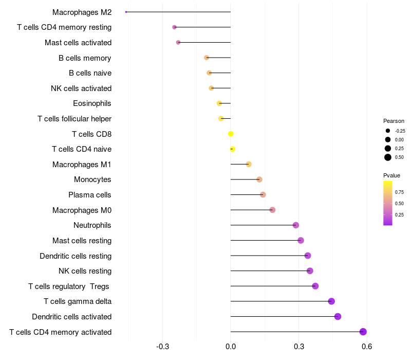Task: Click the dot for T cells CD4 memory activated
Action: point(363,332)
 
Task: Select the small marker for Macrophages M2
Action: point(126,12)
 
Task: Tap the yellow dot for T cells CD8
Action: point(231,134)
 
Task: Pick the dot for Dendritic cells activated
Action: point(338,316)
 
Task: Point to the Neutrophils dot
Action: point(296,225)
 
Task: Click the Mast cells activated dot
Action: point(178,42)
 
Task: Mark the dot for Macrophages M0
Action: point(272,210)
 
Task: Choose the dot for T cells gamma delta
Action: point(331,301)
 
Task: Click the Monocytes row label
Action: point(92,179)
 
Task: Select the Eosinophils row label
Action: point(92,103)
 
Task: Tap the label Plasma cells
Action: point(90,195)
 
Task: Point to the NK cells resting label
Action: point(85,271)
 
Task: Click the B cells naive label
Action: point(90,73)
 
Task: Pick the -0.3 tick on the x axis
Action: point(163,347)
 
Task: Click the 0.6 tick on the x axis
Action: point(366,347)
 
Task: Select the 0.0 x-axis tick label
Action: point(231,347)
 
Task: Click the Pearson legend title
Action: point(394,121)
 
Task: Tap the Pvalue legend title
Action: point(391,175)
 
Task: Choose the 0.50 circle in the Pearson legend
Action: point(388,157)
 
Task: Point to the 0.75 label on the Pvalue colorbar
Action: point(399,192)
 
